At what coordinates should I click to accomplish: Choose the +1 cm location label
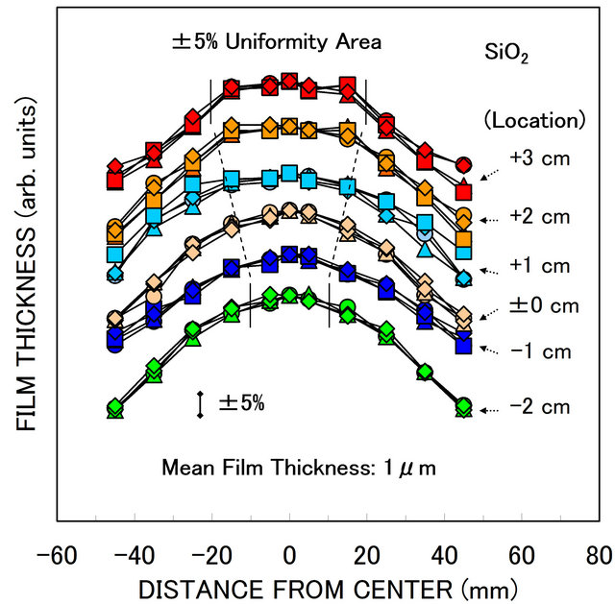point(541,265)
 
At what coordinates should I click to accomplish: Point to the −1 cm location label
point(541,351)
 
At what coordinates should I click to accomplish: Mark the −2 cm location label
point(541,407)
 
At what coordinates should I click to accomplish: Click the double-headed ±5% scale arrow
point(200,404)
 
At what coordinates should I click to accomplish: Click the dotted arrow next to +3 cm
point(494,171)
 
